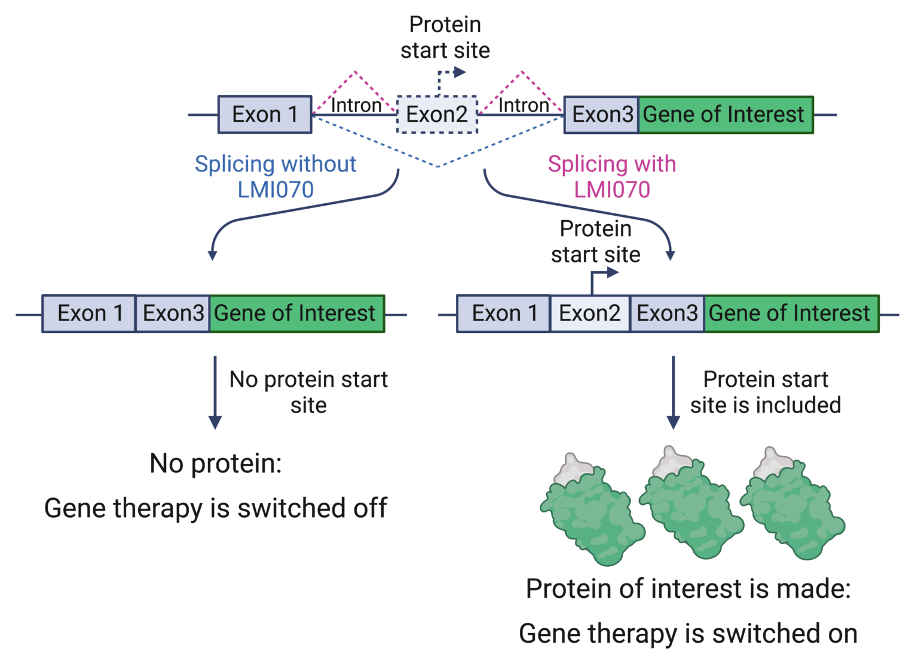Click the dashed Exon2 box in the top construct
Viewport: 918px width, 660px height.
click(x=437, y=114)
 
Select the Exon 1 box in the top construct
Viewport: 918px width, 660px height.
click(x=265, y=114)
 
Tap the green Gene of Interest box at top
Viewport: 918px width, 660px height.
click(x=725, y=114)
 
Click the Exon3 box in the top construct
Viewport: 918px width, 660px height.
click(x=601, y=114)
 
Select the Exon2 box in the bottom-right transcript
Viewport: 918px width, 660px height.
click(x=589, y=313)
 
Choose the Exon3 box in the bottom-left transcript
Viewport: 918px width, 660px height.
click(x=173, y=313)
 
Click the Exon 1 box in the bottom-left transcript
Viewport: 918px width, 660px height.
click(x=89, y=313)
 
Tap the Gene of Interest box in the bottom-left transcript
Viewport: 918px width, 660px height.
click(x=296, y=313)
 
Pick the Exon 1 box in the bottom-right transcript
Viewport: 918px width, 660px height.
click(x=503, y=313)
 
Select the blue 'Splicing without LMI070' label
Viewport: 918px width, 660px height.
click(x=276, y=176)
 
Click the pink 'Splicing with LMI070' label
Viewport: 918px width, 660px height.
click(x=612, y=176)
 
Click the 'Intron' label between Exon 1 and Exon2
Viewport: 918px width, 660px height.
click(x=356, y=105)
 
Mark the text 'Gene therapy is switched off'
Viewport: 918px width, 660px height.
click(x=215, y=508)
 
